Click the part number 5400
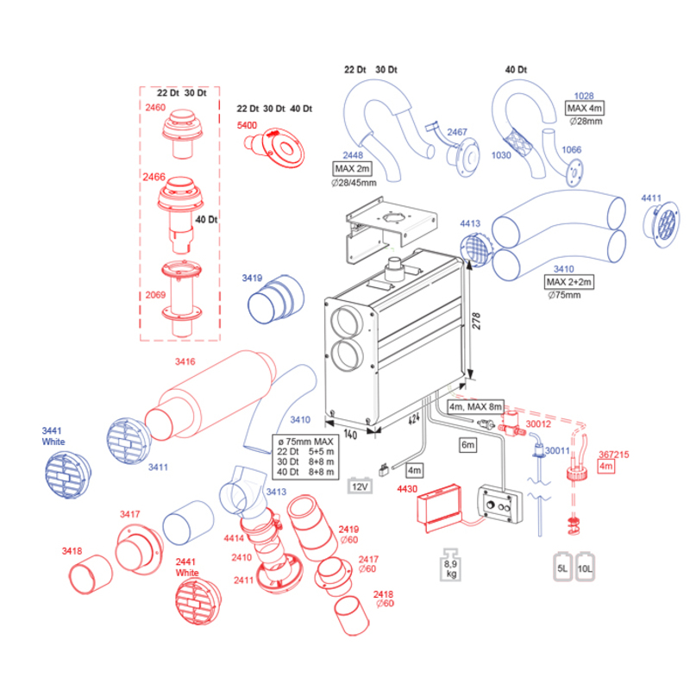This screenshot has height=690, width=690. tap(247, 125)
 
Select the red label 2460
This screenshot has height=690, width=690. tap(156, 108)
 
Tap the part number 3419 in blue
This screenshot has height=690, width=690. tap(251, 279)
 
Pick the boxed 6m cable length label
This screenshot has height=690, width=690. tap(468, 446)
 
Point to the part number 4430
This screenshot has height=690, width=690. tap(405, 489)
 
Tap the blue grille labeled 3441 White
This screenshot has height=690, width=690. tap(66, 475)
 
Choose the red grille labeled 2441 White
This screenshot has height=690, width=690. tap(198, 600)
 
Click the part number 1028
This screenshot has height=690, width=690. tap(585, 96)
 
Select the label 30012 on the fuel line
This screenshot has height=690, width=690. tap(539, 424)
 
